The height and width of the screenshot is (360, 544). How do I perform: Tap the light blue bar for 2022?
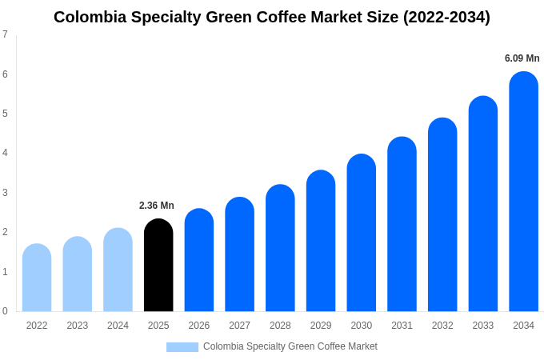(37, 278)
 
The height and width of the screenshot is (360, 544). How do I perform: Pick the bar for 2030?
(361, 233)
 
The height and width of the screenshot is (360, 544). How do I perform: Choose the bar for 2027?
(239, 254)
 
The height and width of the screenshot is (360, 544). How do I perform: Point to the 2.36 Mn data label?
(157, 206)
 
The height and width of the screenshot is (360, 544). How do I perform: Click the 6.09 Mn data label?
(522, 58)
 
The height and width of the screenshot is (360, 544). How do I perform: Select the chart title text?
(272, 17)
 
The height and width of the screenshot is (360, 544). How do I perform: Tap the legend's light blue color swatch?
(182, 346)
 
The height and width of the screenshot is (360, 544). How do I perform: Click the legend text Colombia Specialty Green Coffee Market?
(290, 346)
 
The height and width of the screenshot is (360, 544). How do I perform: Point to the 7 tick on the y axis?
(5, 34)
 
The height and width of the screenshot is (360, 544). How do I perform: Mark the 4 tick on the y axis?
(5, 153)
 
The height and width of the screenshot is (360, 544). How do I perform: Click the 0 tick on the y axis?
(5, 311)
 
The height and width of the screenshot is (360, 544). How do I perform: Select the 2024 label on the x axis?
(118, 326)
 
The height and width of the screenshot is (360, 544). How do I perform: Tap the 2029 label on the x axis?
(320, 326)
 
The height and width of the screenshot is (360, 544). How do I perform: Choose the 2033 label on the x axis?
(482, 326)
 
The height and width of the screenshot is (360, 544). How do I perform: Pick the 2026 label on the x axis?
(198, 326)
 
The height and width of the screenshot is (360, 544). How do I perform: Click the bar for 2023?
(78, 274)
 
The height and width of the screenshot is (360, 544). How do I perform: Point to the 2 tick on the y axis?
(5, 232)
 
